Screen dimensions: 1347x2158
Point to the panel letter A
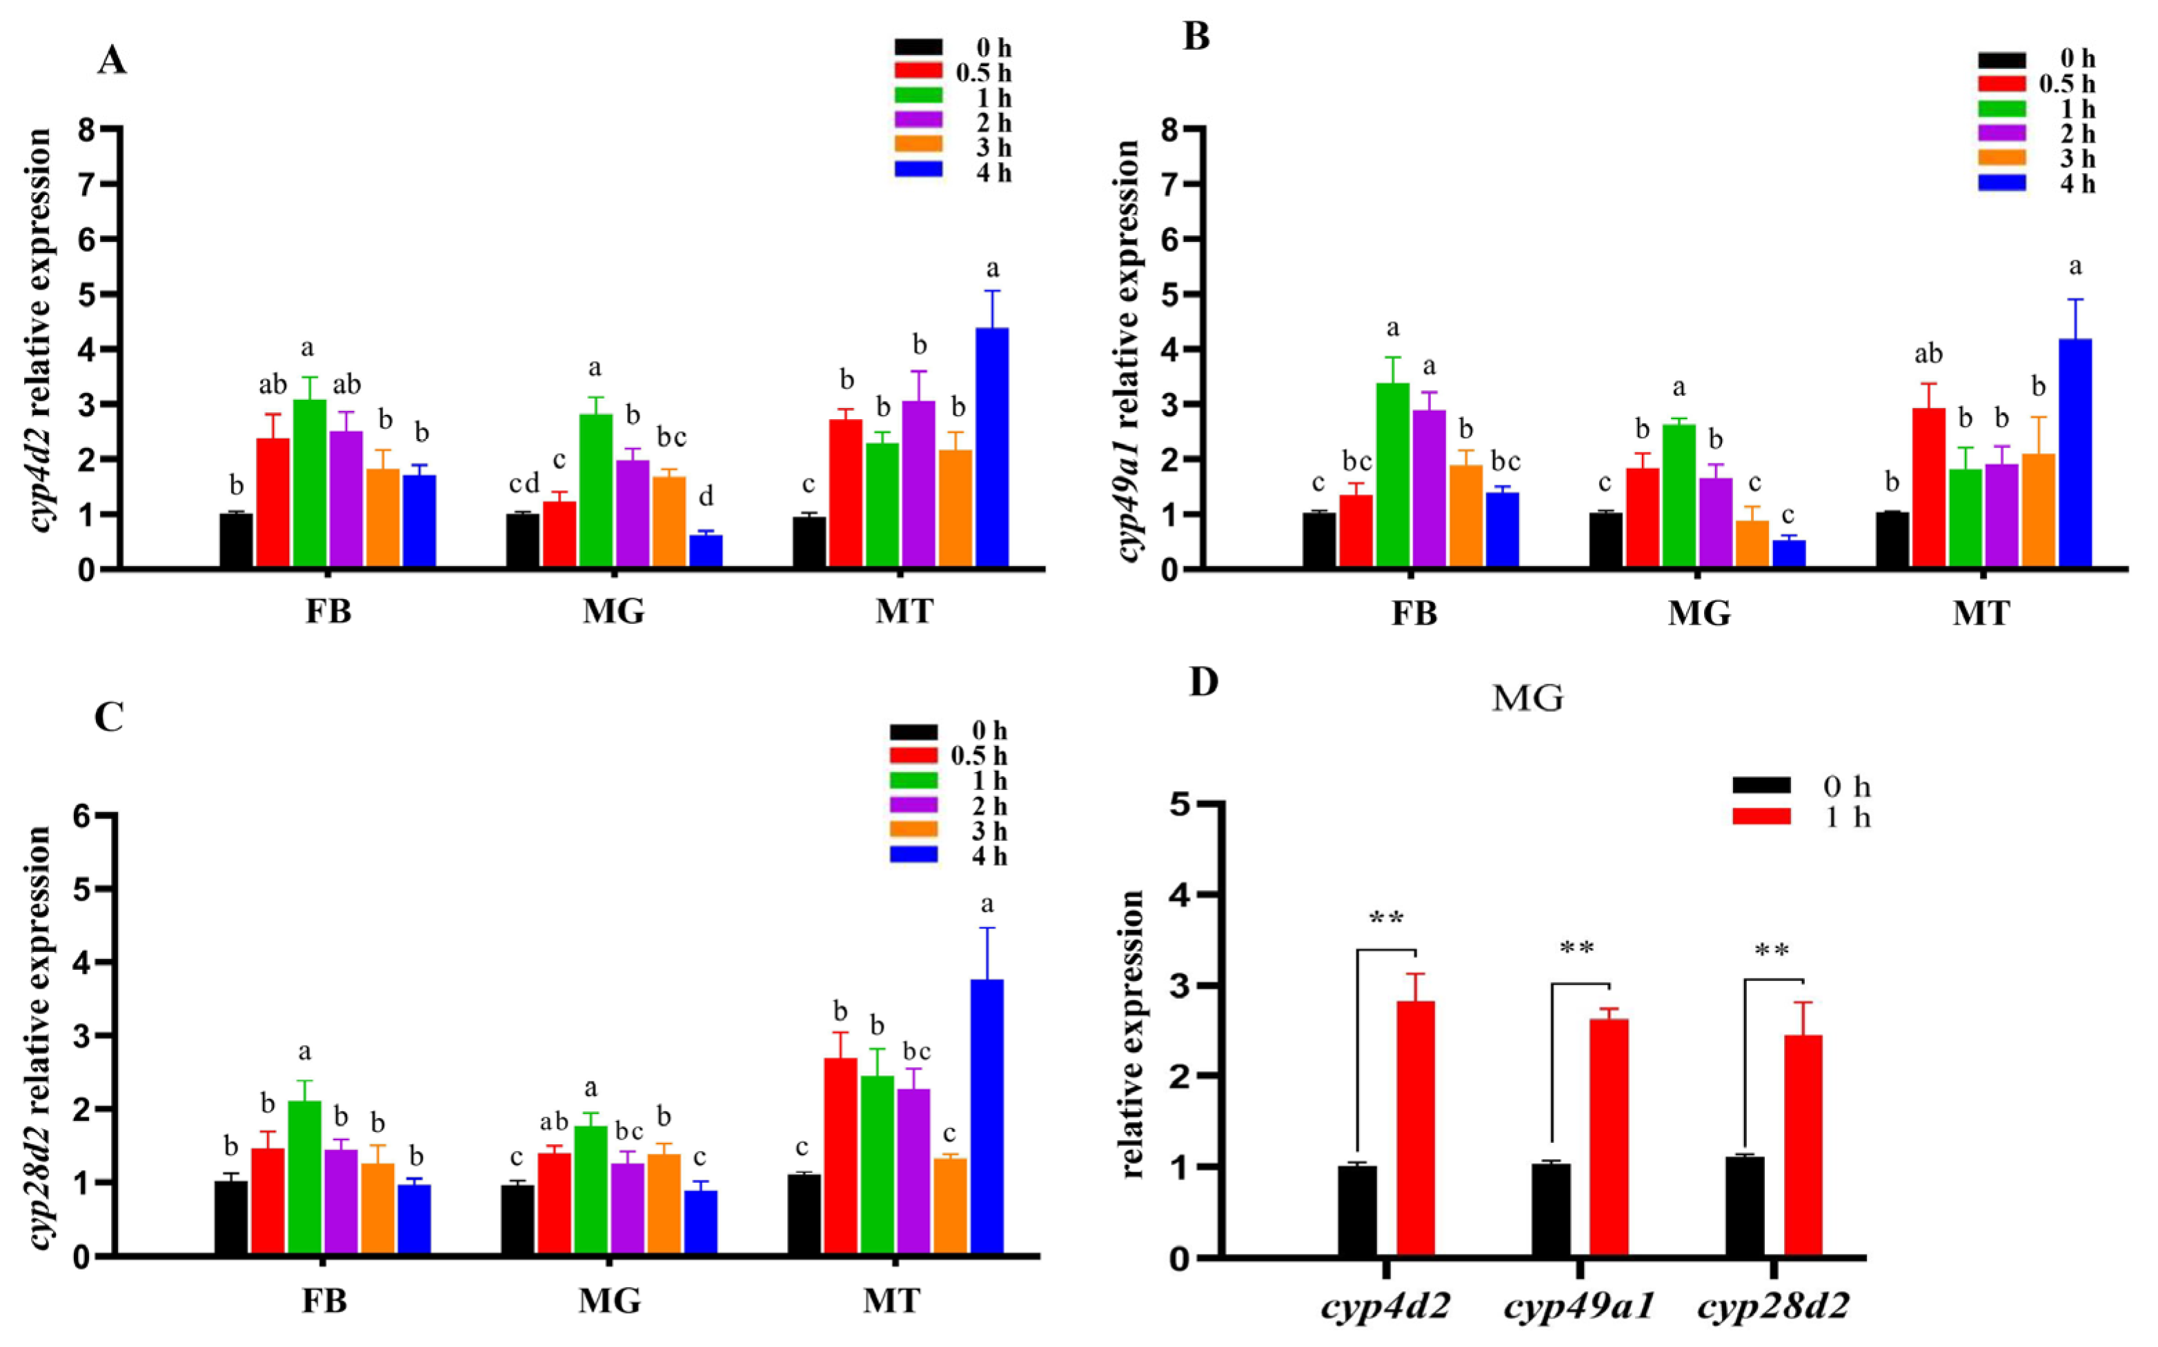click(112, 61)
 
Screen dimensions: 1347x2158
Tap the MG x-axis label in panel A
click(613, 612)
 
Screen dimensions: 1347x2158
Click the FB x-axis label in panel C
click(324, 1302)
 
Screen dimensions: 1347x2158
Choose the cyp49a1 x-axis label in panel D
click(1578, 1307)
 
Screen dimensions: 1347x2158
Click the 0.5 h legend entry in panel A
click(953, 72)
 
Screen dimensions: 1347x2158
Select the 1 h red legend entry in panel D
click(1801, 817)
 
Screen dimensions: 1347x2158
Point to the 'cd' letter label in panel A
click(524, 485)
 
